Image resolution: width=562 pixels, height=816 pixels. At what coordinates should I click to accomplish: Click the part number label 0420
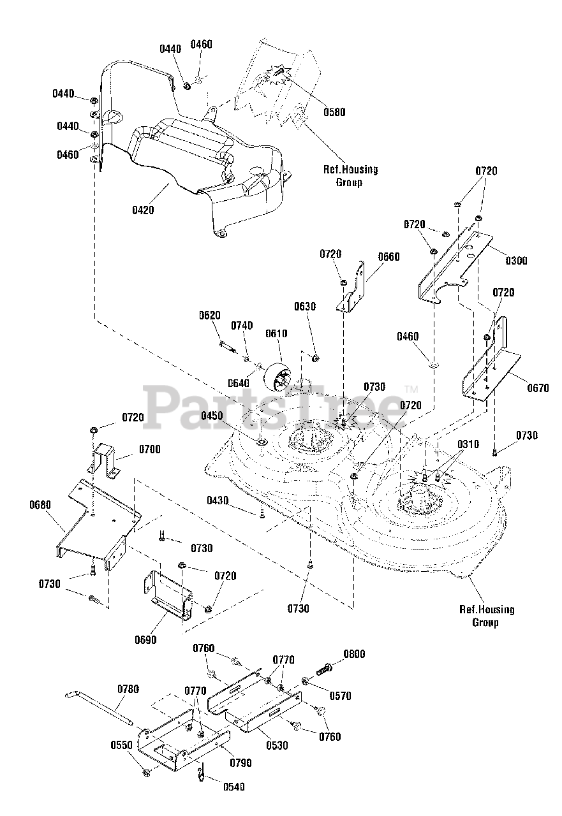[x=143, y=210]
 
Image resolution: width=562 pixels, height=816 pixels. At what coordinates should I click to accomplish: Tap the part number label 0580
[x=334, y=112]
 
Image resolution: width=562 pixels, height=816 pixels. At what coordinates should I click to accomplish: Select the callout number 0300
[x=517, y=261]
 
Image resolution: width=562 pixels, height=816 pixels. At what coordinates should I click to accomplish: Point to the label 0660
[x=388, y=256]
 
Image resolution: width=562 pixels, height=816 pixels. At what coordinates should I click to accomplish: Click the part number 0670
[x=538, y=388]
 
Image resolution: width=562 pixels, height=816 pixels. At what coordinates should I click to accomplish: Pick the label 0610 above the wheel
[x=276, y=333]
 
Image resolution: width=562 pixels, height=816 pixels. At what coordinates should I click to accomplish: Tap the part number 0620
[x=210, y=315]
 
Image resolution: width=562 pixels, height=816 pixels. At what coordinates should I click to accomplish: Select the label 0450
[x=212, y=416]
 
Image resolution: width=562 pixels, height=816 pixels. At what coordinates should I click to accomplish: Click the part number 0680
[x=40, y=505]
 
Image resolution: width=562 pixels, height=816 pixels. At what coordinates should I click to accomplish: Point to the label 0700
[x=150, y=449]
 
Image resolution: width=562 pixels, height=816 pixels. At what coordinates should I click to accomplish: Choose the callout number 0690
[x=145, y=639]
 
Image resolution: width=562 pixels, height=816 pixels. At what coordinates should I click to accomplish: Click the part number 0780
[x=128, y=689]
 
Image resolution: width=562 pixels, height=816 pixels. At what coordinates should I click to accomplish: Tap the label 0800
[x=354, y=654]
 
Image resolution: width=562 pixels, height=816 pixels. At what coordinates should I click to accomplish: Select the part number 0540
[x=234, y=787]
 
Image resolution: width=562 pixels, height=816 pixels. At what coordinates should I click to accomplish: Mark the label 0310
[x=468, y=444]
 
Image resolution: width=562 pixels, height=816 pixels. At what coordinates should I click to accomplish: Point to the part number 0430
[x=218, y=500]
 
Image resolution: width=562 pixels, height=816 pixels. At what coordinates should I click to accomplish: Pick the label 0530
[x=277, y=745]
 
